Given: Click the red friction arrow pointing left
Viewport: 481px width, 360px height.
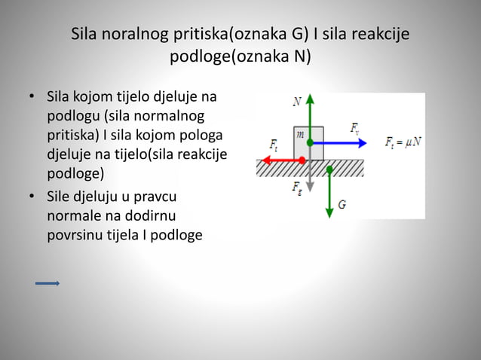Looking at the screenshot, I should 279,160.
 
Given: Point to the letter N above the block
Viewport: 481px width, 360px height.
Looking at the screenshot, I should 298,99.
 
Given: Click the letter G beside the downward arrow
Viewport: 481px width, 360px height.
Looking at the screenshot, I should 342,204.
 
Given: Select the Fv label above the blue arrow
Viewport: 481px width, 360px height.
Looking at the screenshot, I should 355,129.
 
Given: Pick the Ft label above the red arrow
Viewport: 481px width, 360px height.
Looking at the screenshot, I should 274,145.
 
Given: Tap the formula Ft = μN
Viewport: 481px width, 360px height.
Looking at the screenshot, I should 403,142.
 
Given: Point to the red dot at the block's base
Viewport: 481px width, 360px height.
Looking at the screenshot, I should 302,160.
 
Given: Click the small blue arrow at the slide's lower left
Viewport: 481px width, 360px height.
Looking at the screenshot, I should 47,284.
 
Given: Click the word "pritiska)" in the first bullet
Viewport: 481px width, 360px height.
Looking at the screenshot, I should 74,136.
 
